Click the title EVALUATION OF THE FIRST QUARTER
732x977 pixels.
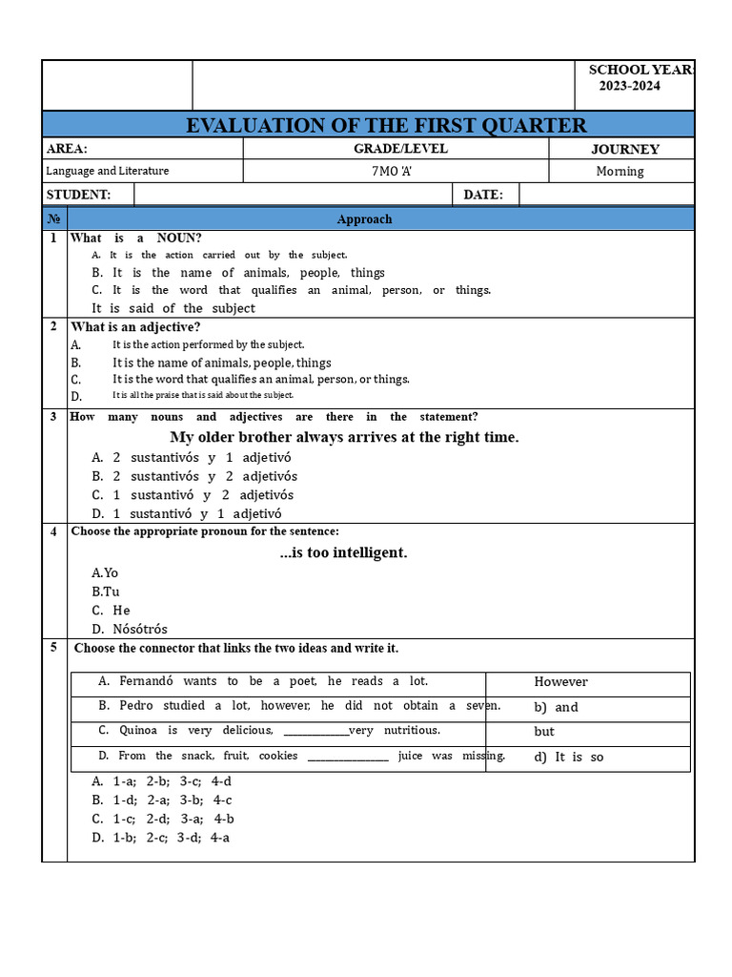tap(386, 126)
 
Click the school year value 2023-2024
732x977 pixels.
tap(629, 86)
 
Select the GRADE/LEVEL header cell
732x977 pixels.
tap(400, 149)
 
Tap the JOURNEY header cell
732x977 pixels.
tap(624, 149)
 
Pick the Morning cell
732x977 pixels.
tap(620, 172)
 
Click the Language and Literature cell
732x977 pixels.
tap(108, 171)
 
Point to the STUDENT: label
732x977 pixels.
tap(78, 195)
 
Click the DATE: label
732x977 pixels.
tap(482, 195)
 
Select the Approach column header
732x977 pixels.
tap(364, 219)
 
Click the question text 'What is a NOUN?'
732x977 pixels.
tap(136, 239)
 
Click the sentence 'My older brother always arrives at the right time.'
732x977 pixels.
tap(344, 437)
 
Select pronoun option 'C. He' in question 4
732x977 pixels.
tap(111, 611)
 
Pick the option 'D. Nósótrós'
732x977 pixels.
tap(129, 630)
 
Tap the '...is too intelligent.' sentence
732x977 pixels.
tap(343, 552)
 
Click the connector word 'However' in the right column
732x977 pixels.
tap(560, 682)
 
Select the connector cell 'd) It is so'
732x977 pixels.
tap(568, 758)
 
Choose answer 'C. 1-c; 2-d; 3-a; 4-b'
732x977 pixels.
tap(163, 819)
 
